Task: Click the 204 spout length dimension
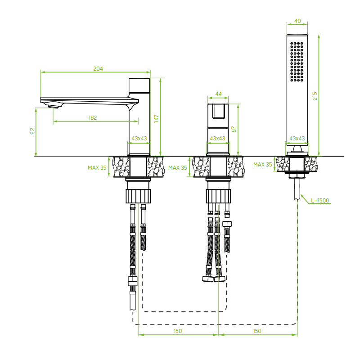click(x=98, y=69)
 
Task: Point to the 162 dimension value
click(x=93, y=118)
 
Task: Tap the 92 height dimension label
click(x=32, y=131)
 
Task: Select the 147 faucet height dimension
click(x=156, y=118)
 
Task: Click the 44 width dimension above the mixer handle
click(x=219, y=94)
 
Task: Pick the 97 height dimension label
click(x=234, y=129)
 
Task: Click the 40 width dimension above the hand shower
click(x=297, y=21)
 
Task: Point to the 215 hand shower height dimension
click(x=315, y=96)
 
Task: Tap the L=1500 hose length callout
click(x=320, y=200)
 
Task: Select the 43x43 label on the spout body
click(x=139, y=139)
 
